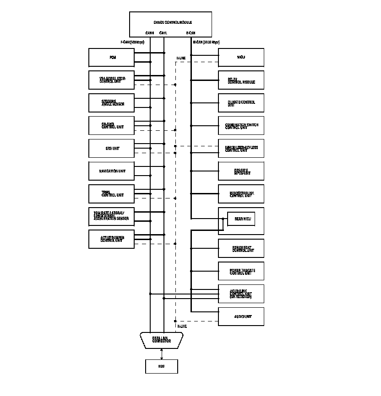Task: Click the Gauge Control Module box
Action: click(170, 24)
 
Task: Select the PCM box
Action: click(111, 58)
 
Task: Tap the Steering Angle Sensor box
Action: click(111, 103)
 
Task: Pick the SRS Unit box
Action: click(111, 148)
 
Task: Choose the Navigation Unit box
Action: click(111, 171)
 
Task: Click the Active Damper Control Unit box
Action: click(111, 239)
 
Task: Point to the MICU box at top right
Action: click(241, 58)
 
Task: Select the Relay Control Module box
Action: click(241, 80)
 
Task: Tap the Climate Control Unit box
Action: click(241, 103)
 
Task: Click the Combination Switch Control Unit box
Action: click(241, 126)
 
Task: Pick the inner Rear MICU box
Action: click(240, 219)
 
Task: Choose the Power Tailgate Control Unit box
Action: click(241, 271)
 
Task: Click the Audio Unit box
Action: click(241, 316)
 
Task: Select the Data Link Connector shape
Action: click(162, 340)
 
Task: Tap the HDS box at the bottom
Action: click(162, 366)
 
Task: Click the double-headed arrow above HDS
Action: click(162, 354)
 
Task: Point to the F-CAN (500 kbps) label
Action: click(132, 42)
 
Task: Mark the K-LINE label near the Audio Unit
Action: click(182, 326)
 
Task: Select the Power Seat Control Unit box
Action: click(241, 248)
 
